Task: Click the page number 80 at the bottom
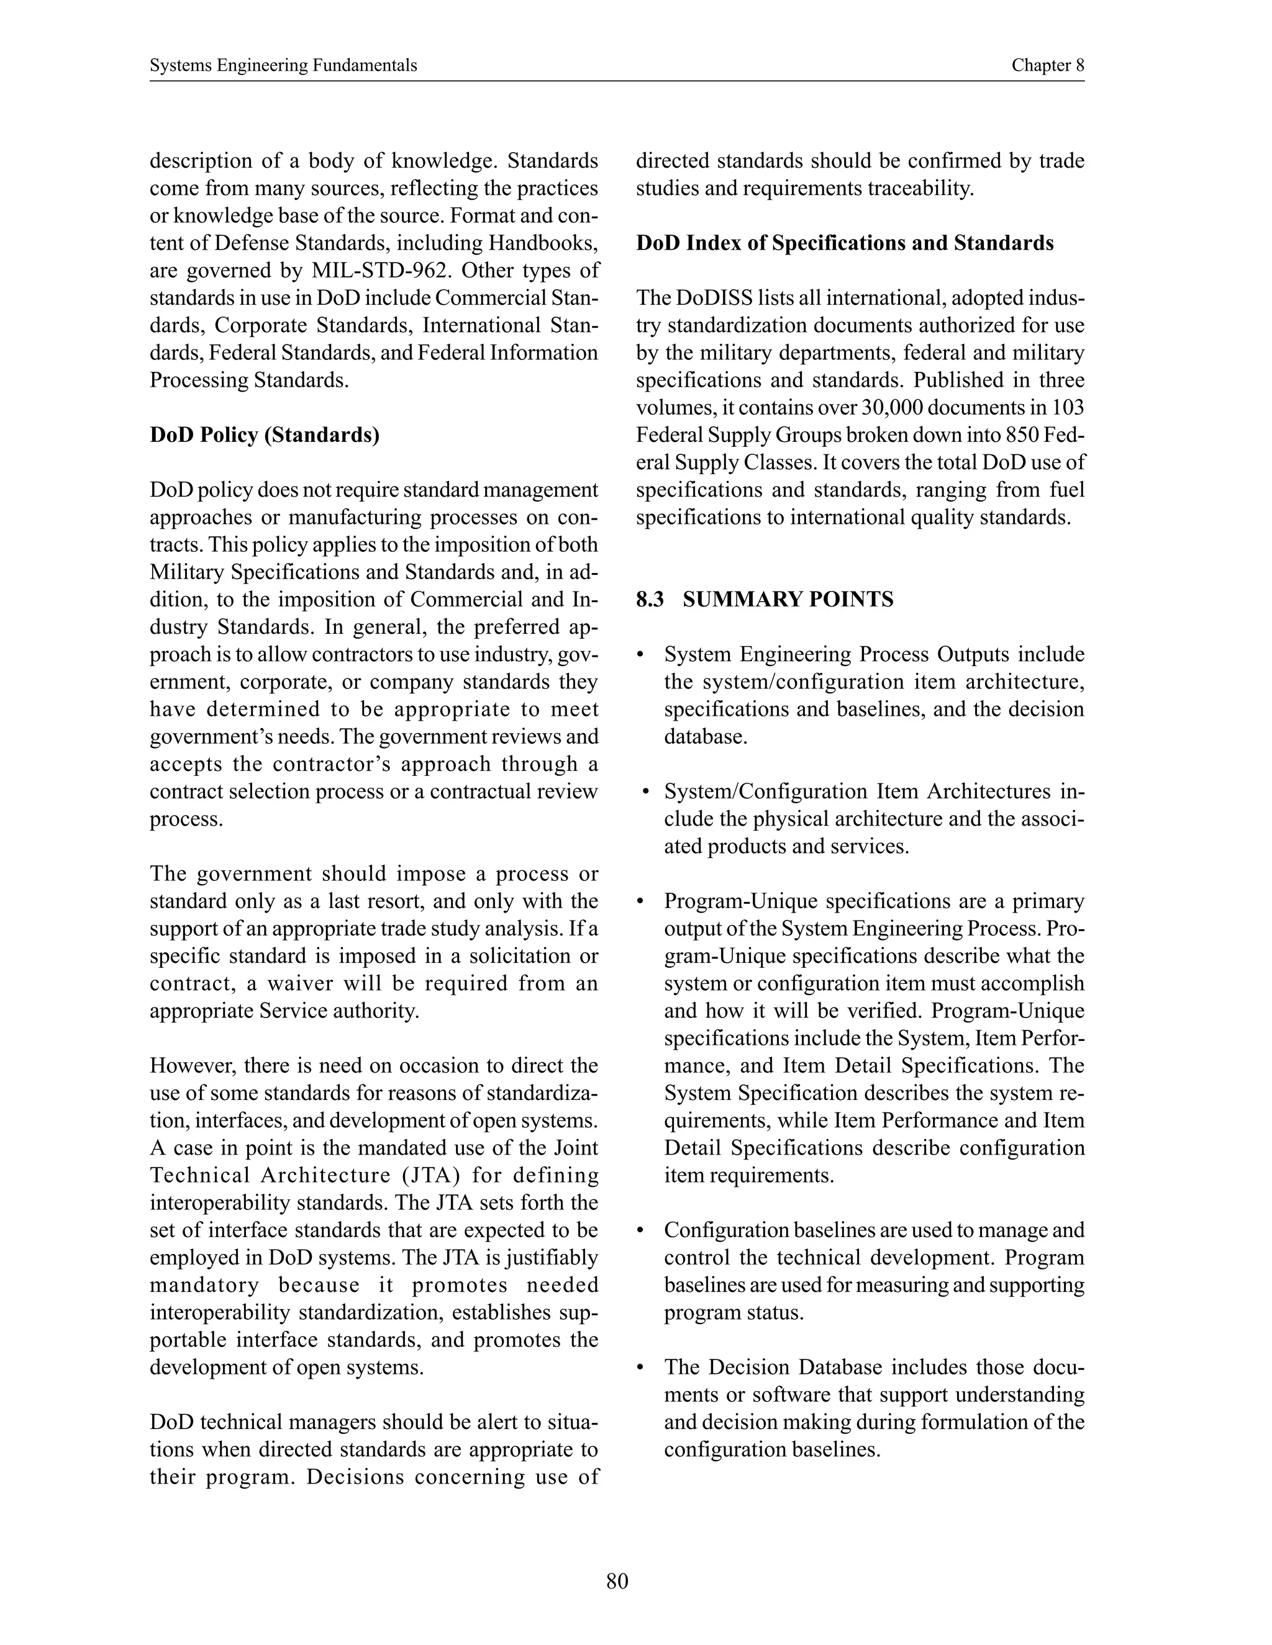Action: (x=616, y=1581)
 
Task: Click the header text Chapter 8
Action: (x=1047, y=66)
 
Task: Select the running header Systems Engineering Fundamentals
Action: (x=283, y=66)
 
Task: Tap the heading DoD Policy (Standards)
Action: (x=265, y=435)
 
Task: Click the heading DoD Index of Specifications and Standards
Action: (x=845, y=243)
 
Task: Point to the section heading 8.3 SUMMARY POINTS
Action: (x=764, y=600)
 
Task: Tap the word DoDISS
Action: (x=714, y=298)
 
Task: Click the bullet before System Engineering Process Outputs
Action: (x=640, y=654)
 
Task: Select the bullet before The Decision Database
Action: (x=640, y=1367)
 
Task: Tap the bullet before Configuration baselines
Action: (x=640, y=1231)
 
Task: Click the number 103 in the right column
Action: (x=1068, y=407)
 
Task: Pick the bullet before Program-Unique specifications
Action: (x=640, y=901)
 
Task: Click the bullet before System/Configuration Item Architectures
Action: (x=646, y=791)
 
